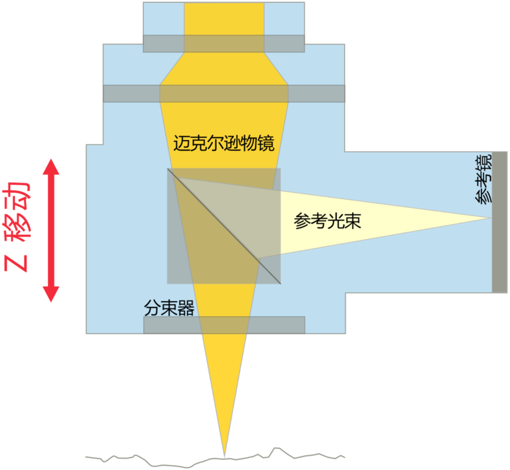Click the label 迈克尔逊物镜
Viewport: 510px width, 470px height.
click(224, 143)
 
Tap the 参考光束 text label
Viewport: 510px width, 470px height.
click(327, 221)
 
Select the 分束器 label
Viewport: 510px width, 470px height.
click(169, 308)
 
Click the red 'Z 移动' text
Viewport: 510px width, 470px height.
click(18, 227)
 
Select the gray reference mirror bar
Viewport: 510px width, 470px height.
click(499, 222)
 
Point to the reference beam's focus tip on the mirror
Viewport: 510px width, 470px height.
click(489, 218)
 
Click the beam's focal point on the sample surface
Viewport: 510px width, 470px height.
click(224, 455)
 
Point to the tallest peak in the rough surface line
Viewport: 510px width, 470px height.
click(277, 447)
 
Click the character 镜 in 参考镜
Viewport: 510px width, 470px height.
click(484, 163)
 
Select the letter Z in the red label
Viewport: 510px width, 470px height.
click(18, 263)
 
